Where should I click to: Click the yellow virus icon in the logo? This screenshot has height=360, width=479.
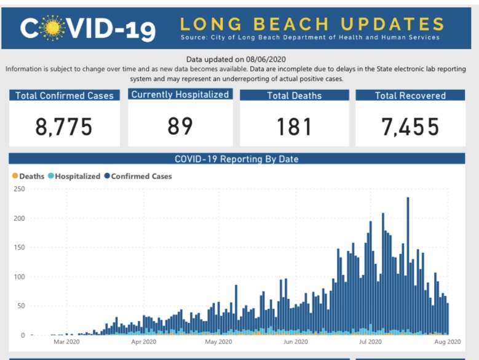pos(52,28)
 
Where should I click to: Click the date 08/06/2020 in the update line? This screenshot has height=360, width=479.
pos(266,59)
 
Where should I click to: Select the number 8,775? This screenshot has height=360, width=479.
pos(64,127)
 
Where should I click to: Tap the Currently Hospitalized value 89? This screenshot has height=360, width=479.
pos(180,126)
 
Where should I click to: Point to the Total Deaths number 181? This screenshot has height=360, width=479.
pos(294,127)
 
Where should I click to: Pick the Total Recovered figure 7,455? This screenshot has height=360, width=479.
pos(410,127)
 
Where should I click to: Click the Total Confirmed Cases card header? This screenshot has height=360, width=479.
pos(65,95)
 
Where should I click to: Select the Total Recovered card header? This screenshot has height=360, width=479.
pos(410,95)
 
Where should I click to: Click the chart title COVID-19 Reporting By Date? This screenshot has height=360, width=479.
pos(237,159)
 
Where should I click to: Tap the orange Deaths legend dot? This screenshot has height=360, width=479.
pos(15,176)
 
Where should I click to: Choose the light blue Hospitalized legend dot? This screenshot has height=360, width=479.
pos(51,176)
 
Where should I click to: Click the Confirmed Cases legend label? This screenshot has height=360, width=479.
pos(141,177)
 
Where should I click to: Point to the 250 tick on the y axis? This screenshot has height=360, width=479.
pos(19,189)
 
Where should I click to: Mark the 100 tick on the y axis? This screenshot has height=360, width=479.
pos(19,276)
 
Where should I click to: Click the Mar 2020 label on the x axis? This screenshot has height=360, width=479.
pos(66,342)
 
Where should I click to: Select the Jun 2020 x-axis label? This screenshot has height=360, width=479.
pos(295,342)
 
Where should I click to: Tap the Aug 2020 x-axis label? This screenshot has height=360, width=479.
pos(448,342)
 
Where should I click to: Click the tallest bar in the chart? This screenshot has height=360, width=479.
pos(408,266)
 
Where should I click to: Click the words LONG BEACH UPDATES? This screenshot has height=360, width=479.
pos(312,24)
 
